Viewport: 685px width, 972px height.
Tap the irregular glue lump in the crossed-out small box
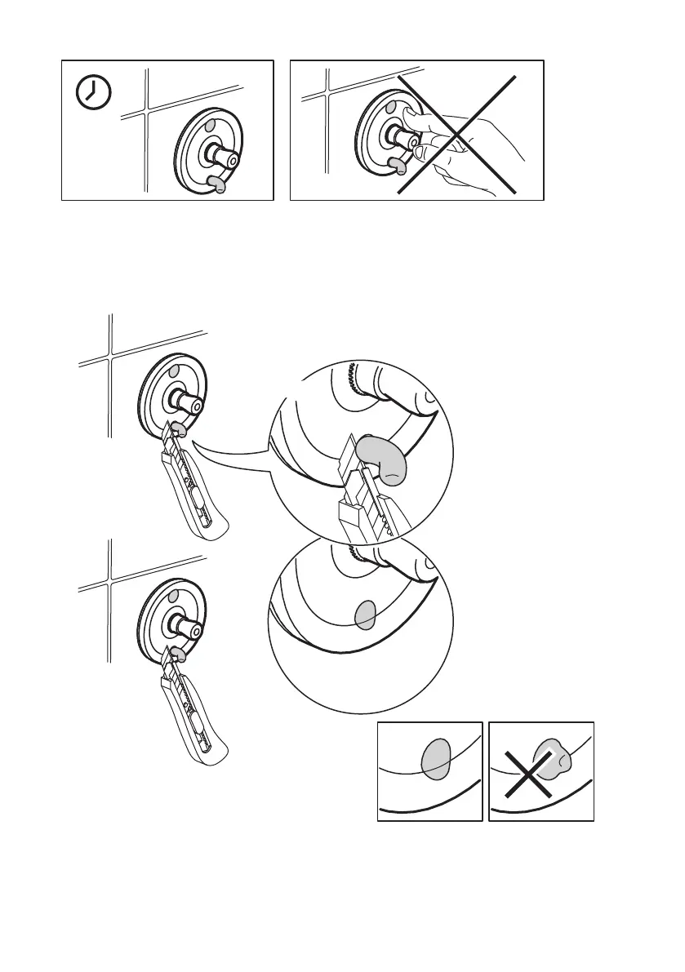(552, 759)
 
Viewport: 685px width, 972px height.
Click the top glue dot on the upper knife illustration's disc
(173, 371)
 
